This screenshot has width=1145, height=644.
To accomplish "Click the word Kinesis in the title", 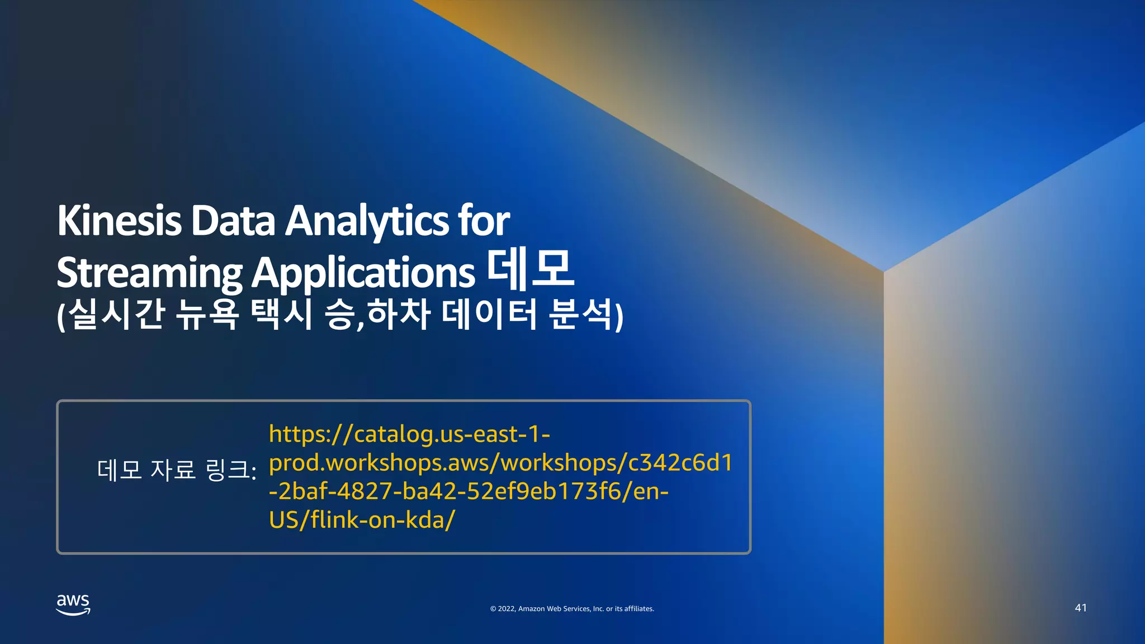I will [119, 221].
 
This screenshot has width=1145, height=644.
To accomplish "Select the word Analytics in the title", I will [367, 221].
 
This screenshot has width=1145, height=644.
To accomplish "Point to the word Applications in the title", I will [363, 273].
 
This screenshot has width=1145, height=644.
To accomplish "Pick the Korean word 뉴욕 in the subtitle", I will [207, 314].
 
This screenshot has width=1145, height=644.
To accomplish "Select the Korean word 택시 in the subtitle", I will [281, 314].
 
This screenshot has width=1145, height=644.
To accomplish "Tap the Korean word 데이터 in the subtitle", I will [489, 314].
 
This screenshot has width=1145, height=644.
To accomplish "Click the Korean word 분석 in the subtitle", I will [581, 314].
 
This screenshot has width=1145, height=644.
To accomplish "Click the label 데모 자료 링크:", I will [177, 470].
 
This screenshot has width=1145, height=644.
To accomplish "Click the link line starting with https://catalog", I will [409, 434].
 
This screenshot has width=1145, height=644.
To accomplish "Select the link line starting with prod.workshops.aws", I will [500, 463].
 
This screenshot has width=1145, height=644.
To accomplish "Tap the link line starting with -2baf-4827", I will [469, 491].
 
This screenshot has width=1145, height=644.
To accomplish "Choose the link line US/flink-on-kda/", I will [362, 520].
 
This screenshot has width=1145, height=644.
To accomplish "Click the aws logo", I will [73, 604].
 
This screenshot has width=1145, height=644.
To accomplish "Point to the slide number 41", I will [1081, 608].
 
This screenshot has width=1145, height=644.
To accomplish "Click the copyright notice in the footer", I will [572, 609].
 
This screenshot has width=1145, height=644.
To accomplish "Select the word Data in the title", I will [233, 221].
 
